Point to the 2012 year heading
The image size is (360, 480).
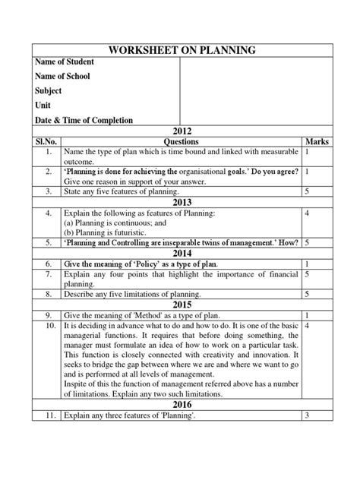pyautogui.click(x=180, y=132)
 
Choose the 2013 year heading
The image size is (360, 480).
pyautogui.click(x=180, y=204)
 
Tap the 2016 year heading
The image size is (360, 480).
pyautogui.click(x=180, y=404)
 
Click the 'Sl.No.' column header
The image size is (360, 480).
pyautogui.click(x=47, y=142)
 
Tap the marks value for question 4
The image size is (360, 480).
pyautogui.click(x=305, y=214)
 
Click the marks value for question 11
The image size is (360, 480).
pyautogui.click(x=305, y=415)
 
